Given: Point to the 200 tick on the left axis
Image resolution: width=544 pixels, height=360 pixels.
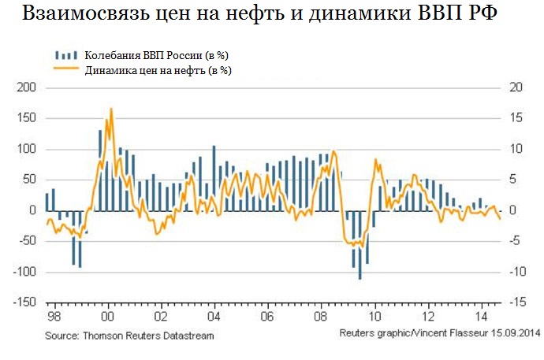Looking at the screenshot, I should point(28,87).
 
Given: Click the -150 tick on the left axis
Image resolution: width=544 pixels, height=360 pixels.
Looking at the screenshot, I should point(24,302).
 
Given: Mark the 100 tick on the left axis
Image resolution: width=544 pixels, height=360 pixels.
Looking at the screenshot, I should point(28,149).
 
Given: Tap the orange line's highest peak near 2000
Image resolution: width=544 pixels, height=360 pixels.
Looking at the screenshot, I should point(111,109).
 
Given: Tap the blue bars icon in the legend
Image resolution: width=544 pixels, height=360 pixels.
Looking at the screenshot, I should point(65,56).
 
